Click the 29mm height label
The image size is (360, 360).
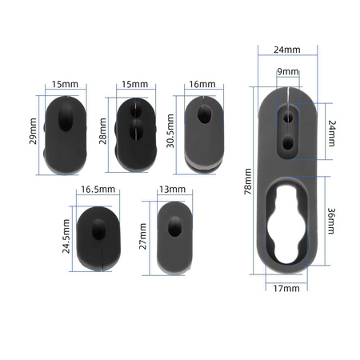33,131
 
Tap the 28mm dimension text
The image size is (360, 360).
102,131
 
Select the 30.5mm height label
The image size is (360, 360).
170,131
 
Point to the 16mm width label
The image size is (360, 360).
202,84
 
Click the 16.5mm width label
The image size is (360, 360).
98,190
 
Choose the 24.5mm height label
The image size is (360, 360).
66,236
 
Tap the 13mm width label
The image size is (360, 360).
172,190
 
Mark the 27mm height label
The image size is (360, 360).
143,236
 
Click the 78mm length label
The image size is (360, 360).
248,182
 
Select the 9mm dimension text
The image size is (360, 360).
288,71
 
